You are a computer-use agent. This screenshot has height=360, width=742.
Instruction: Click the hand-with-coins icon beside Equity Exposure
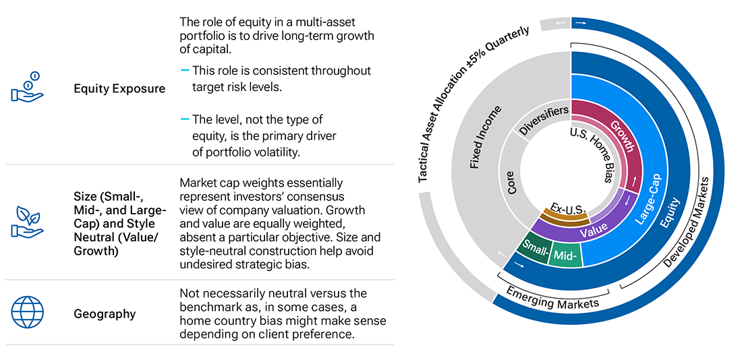(27, 88)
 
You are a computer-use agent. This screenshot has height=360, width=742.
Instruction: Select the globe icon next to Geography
(27, 313)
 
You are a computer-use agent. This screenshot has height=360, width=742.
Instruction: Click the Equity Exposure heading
(119, 88)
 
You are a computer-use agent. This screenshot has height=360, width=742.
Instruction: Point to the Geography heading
(105, 313)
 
